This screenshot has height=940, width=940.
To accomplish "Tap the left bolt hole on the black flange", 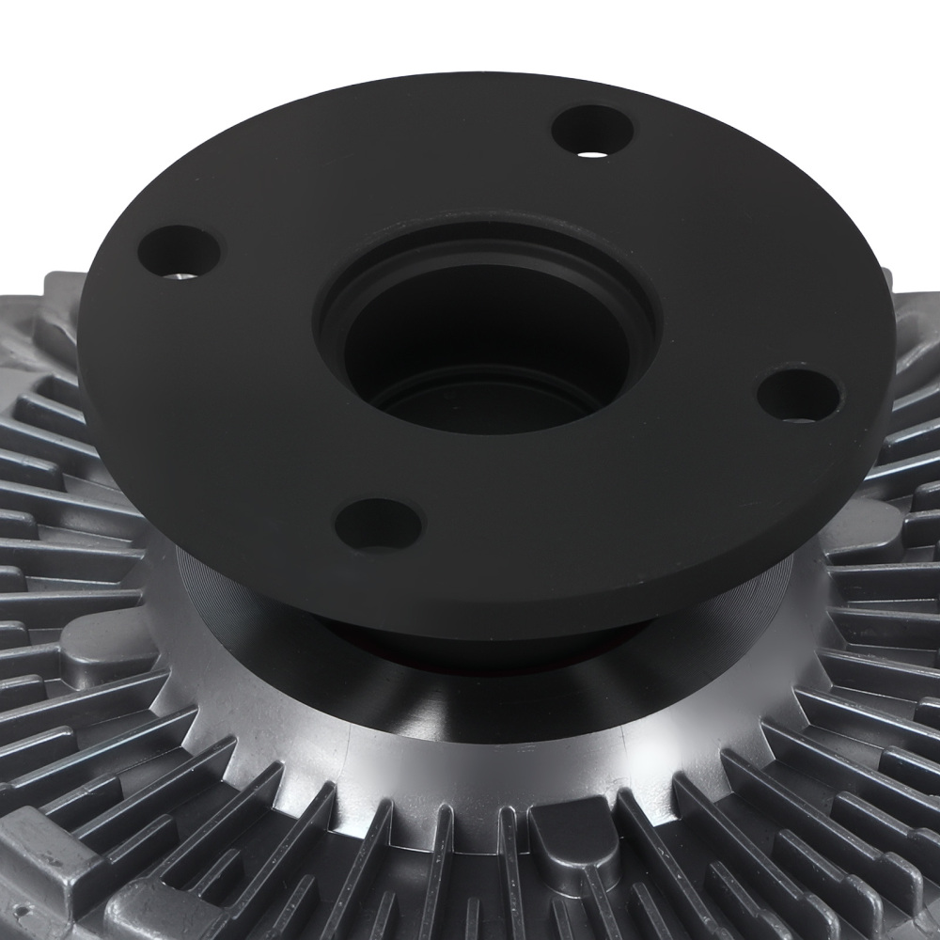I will (x=179, y=252).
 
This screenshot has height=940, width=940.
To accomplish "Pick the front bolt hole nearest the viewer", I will (x=378, y=525).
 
